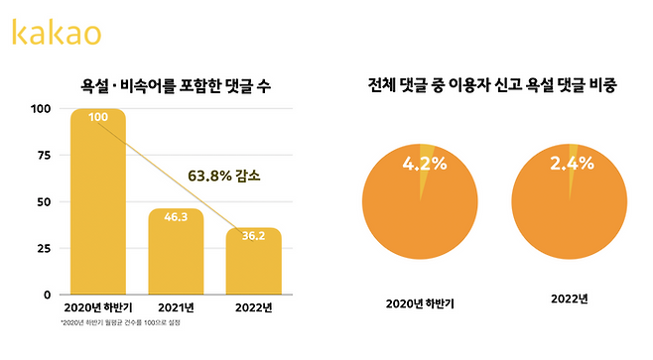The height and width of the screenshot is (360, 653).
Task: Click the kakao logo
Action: (x=56, y=33)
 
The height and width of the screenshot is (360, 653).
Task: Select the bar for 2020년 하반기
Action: (x=97, y=203)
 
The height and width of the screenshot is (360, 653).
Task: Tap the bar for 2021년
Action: (x=176, y=252)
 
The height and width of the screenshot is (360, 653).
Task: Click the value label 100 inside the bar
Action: (x=97, y=118)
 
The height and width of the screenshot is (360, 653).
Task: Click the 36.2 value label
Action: (x=253, y=236)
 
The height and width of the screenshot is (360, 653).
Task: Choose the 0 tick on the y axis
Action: (x=46, y=295)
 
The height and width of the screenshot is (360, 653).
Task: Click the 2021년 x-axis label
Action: (x=176, y=307)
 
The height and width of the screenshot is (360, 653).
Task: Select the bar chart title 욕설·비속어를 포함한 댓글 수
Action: (x=176, y=87)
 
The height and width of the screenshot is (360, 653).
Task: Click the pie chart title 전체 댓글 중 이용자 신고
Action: (x=492, y=87)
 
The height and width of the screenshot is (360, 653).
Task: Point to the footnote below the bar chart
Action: (x=120, y=323)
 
